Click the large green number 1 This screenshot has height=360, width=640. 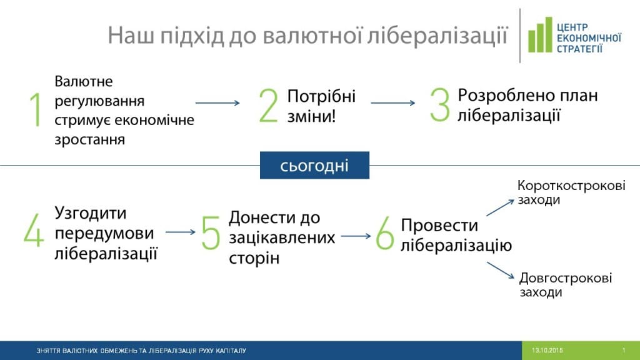(36, 111)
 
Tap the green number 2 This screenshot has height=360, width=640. (267, 106)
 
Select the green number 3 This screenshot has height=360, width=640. (439, 104)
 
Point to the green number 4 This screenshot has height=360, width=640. (34, 231)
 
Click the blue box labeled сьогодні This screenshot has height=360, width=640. (314, 165)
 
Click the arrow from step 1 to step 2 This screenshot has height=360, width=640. (217, 103)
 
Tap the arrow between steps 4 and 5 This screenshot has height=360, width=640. (181, 232)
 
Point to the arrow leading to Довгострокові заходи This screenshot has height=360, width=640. (500, 270)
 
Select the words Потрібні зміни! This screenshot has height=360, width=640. (321, 106)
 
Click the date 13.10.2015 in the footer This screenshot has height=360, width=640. (547, 351)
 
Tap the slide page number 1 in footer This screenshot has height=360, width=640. (624, 351)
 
